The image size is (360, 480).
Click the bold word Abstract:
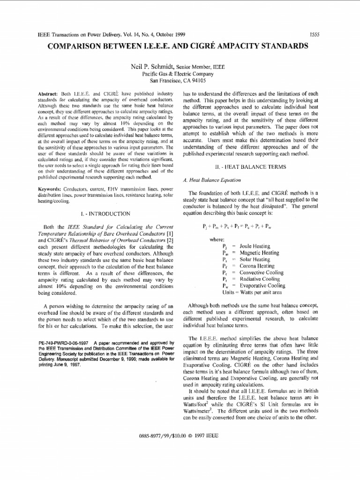[x=48, y=94]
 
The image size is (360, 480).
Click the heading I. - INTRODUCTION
[x=105, y=214]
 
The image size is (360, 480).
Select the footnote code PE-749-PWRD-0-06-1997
[x=63, y=343]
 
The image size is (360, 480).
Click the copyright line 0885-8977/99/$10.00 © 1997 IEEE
[x=179, y=435]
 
